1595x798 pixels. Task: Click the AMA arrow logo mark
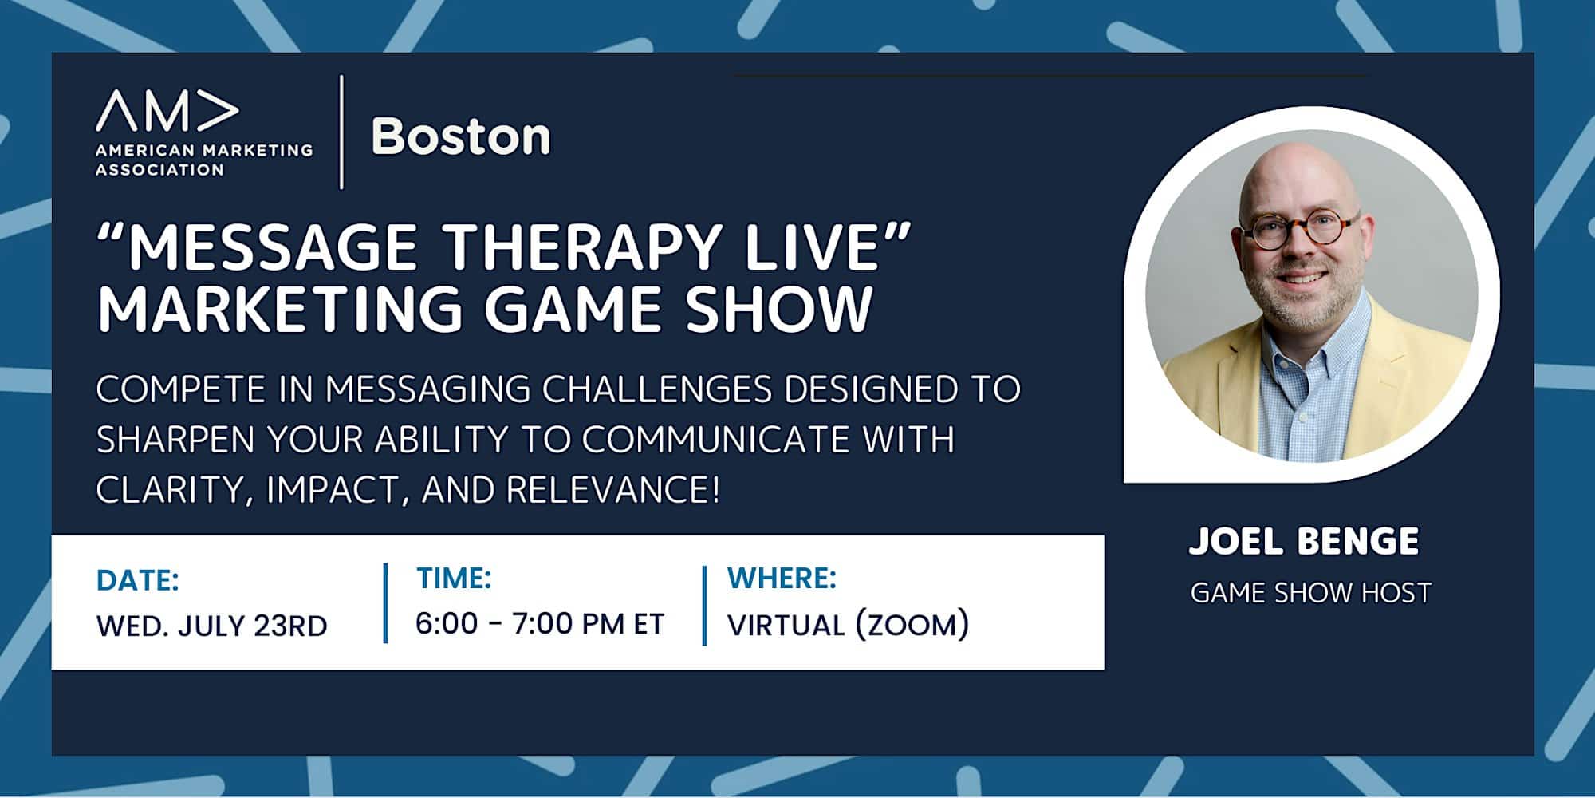[167, 110]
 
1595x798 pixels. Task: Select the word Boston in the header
[461, 136]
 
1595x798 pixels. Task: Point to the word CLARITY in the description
[170, 490]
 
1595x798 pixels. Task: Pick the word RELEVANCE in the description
[612, 488]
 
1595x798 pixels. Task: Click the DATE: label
[138, 580]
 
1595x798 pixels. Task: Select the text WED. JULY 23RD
[212, 626]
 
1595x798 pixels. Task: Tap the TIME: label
[454, 578]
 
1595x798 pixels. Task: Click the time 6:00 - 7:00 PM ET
[540, 623]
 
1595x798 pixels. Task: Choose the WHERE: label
[782, 578]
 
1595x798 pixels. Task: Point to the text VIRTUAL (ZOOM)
[849, 624]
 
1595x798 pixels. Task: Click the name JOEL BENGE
[1304, 541]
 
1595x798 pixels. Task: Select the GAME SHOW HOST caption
[1311, 593]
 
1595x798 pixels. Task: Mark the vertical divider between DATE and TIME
[386, 603]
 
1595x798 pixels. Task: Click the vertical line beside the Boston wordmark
[342, 132]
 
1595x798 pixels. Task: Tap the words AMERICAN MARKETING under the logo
[204, 150]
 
